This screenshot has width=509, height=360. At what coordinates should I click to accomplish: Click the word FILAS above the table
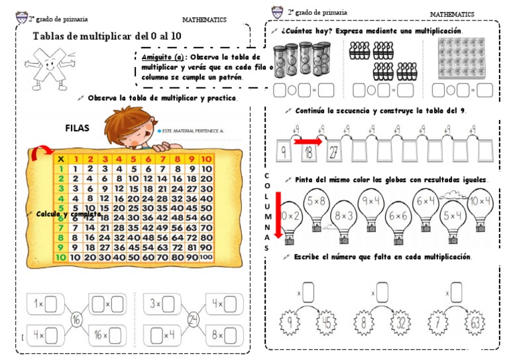coord(78,128)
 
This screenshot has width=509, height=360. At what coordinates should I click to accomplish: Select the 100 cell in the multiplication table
coord(206,257)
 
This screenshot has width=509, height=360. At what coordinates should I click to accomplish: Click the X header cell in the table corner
coord(60,158)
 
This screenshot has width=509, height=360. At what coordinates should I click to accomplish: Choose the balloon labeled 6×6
coord(398,217)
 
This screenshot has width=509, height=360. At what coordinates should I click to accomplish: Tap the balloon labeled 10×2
coord(290,217)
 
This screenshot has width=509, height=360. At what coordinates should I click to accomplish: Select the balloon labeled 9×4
coord(370,200)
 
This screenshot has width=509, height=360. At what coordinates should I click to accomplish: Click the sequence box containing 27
coord(333,152)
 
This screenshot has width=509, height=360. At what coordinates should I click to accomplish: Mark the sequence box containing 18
coord(308,152)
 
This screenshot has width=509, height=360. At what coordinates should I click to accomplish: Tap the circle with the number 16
coord(77,320)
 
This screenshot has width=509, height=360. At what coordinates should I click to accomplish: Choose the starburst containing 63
coord(477,325)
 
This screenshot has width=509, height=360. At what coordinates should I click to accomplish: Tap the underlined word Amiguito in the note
coord(154,57)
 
